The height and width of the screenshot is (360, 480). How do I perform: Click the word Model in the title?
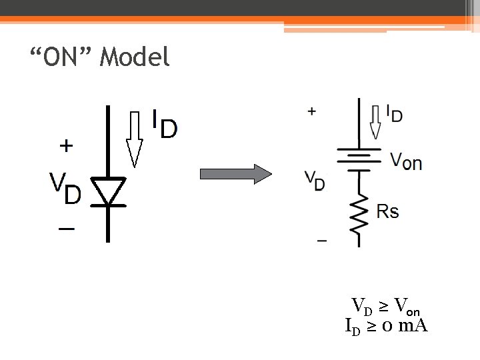click(135, 58)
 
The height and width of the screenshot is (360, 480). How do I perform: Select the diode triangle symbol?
click(108, 191)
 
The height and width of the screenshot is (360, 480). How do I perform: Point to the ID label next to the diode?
click(164, 123)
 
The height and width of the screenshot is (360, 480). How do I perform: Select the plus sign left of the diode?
click(67, 145)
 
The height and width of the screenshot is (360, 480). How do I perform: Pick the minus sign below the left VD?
click(67, 229)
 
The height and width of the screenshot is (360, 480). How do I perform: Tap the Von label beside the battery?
click(405, 161)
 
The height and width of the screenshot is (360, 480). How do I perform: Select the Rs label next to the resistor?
click(388, 212)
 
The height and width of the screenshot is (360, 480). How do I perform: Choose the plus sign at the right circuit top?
click(311, 111)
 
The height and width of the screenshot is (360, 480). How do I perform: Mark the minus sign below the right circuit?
click(322, 240)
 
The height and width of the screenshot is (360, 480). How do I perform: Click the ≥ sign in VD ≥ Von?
click(384, 307)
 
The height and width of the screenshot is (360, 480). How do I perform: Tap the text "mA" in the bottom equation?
click(413, 326)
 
